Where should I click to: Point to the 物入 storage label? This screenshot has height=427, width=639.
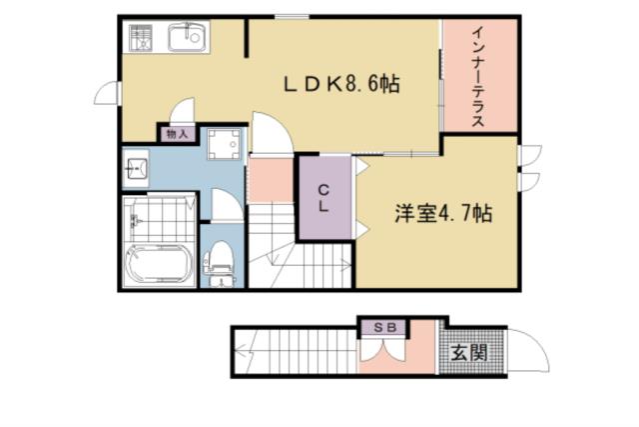tap(176, 133)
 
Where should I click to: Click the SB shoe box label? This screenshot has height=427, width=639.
tap(384, 328)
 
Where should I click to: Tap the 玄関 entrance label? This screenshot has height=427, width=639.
tap(467, 352)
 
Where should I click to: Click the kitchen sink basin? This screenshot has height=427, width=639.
tap(187, 40)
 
